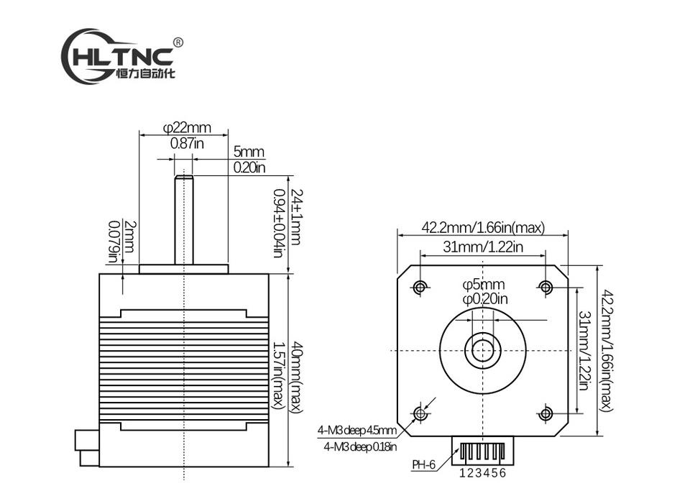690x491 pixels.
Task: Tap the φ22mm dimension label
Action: click(187, 128)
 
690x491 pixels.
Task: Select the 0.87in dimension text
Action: click(187, 143)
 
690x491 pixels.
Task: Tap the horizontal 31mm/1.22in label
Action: click(482, 247)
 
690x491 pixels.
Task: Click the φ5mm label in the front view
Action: click(484, 285)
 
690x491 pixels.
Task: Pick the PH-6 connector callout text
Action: click(424, 464)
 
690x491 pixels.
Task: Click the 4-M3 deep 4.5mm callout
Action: click(356, 431)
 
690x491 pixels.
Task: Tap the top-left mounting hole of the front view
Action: click(420, 288)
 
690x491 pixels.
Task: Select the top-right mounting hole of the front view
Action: click(546, 288)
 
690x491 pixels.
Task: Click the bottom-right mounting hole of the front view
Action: click(546, 413)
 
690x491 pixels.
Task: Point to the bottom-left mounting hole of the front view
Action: click(420, 413)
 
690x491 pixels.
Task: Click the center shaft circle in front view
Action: click(483, 350)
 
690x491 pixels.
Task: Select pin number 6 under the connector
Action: click(504, 473)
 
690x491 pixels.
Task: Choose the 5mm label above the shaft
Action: click(249, 152)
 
